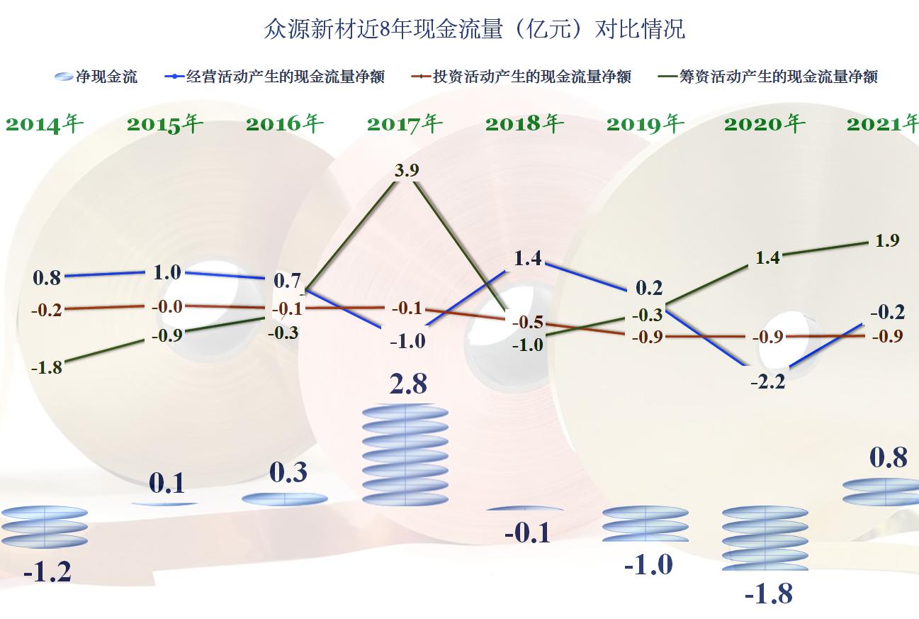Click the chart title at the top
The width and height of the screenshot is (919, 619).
click(x=474, y=29)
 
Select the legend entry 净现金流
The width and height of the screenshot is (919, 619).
click(x=96, y=77)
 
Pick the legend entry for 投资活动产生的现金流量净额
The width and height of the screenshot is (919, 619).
click(x=521, y=77)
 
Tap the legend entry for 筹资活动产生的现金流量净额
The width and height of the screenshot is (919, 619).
click(x=768, y=77)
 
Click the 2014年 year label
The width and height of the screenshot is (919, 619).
click(x=44, y=124)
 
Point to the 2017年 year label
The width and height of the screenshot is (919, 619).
click(x=405, y=124)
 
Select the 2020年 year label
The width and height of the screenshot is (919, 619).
click(x=765, y=124)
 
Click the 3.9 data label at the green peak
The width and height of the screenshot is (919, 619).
click(x=407, y=170)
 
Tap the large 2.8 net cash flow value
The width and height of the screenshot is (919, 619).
click(x=408, y=384)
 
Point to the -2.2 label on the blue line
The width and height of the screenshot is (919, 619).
click(x=769, y=381)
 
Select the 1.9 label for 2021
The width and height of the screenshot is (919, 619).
click(x=887, y=241)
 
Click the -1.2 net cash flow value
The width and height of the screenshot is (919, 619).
click(x=47, y=571)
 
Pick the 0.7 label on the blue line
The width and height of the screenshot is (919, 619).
click(x=287, y=280)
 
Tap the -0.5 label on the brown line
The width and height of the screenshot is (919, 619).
click(x=528, y=323)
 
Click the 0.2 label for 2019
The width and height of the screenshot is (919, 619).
click(x=648, y=288)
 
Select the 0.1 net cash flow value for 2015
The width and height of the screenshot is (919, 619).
click(x=167, y=483)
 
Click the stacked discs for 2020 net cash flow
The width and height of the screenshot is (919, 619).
click(x=765, y=538)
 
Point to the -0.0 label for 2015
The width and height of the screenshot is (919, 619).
click(x=167, y=307)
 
